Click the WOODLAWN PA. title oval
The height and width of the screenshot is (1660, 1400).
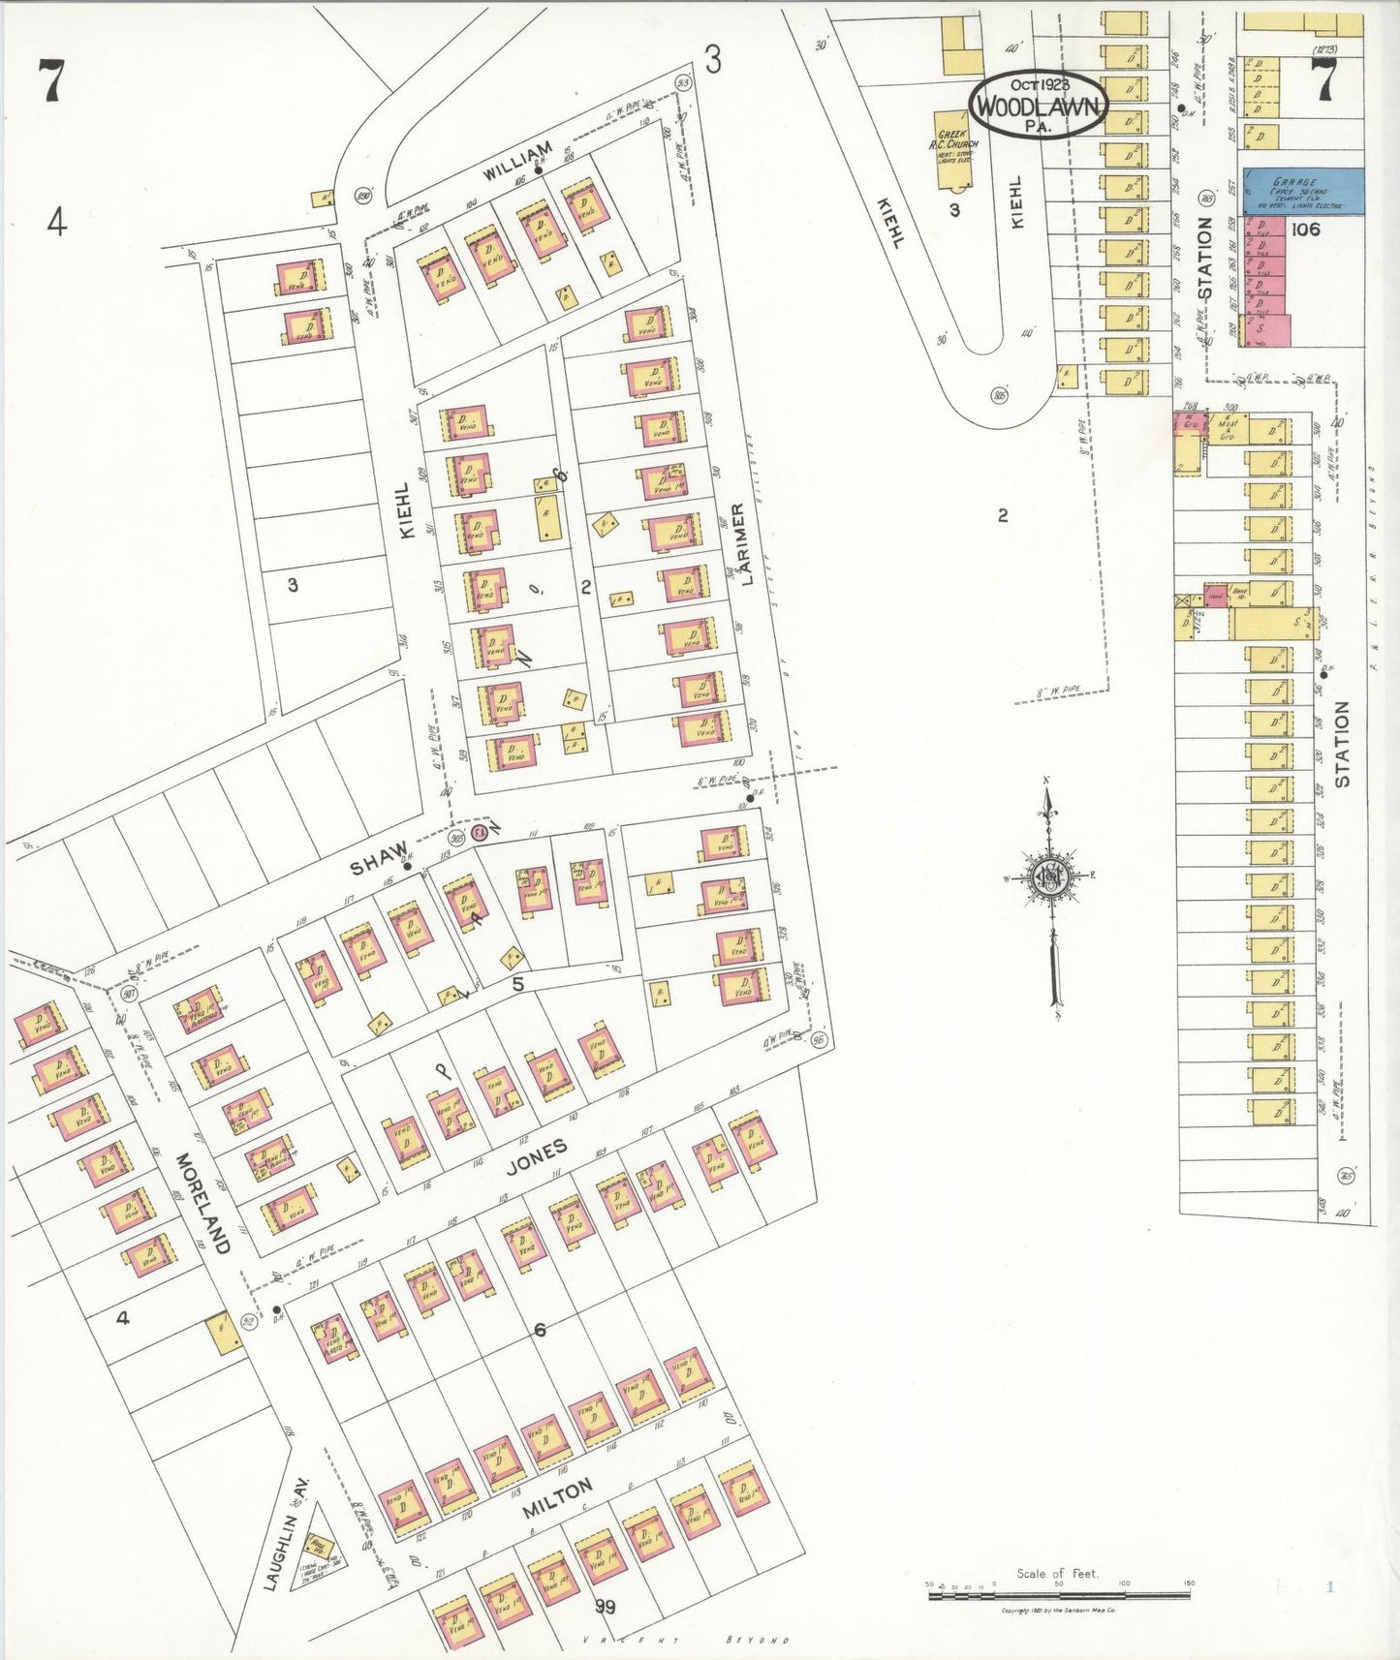[1038, 104]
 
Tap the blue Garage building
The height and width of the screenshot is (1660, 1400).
[1303, 191]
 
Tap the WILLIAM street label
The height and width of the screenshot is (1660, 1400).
[518, 160]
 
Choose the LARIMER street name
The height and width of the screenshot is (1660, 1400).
[741, 544]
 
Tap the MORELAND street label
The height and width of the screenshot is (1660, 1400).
[203, 1203]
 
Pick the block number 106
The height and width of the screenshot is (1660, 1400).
[1305, 230]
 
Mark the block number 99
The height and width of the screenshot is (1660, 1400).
[606, 1606]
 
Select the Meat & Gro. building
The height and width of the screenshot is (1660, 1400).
[1228, 429]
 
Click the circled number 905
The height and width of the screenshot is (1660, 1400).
[1000, 394]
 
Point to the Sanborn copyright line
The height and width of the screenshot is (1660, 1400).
[1057, 1610]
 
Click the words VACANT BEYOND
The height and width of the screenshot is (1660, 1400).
[684, 1639]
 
